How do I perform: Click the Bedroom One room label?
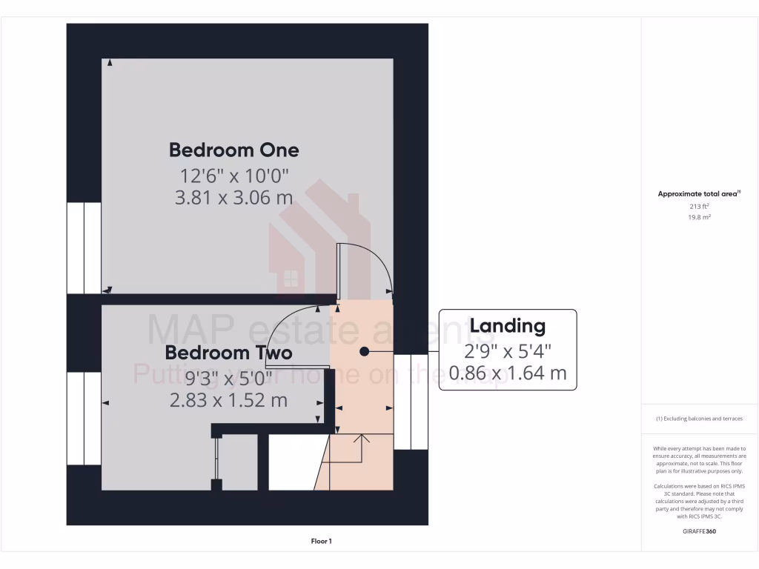233,150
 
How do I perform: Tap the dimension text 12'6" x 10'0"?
233,176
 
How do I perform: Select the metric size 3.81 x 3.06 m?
233,198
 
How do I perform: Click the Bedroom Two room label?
228,353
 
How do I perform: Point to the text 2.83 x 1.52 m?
228,400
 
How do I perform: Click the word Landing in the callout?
508,326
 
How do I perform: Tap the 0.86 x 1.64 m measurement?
508,373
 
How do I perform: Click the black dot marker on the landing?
364,352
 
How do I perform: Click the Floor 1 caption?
321,542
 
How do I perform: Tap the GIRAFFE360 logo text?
699,531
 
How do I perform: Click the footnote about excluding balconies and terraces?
699,419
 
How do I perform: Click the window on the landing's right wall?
411,402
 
